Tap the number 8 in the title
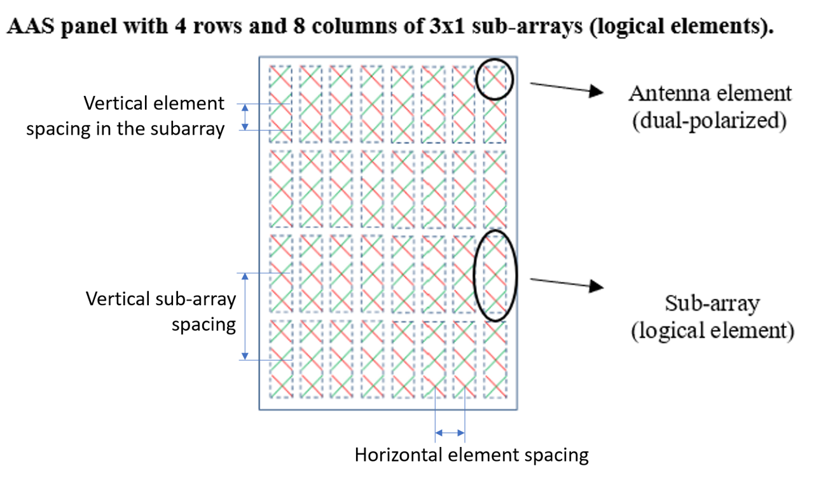pos(299,26)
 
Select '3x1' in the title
pos(447,26)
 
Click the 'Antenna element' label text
pos(710,93)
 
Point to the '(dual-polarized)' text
pos(709,121)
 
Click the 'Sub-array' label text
pos(712,303)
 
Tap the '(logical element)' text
pos(713,331)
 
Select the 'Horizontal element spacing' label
pos(472,455)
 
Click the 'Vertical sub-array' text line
pos(161,299)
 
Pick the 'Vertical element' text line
pos(154,103)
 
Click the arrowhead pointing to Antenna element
pos(597,91)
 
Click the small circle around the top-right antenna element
pos(495,59)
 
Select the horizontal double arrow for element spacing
pos(450,433)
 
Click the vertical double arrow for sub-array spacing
pos(245,317)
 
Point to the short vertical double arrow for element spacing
pos(245,117)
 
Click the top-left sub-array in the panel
pos(280,104)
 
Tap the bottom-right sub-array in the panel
pos(495,360)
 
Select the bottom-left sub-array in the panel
pos(281,360)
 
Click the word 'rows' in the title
pos(217,26)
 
